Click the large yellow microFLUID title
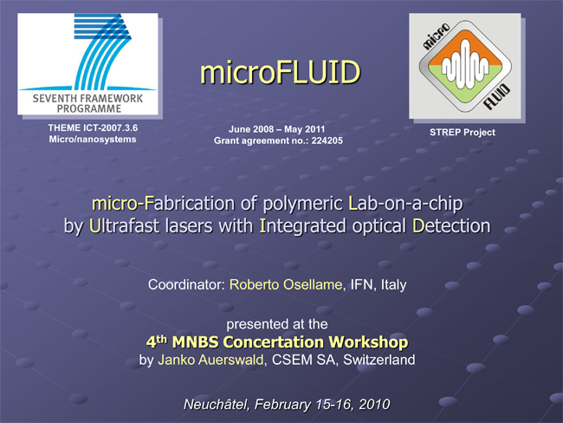[x=280, y=72]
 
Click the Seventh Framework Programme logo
[x=88, y=64]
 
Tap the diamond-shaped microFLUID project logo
[x=465, y=66]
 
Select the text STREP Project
[x=463, y=133]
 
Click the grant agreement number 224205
[x=327, y=140]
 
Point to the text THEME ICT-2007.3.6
[x=93, y=128]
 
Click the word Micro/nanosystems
[x=93, y=139]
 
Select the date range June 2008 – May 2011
[x=277, y=129]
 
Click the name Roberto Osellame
[x=286, y=284]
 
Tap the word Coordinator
[x=187, y=284]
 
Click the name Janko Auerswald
[x=210, y=360]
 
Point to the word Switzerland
[x=379, y=360]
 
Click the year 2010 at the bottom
[x=374, y=405]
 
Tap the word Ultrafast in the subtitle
[x=124, y=226]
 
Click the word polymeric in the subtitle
[x=302, y=204]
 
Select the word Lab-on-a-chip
[x=405, y=204]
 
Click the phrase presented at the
[x=277, y=324]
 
